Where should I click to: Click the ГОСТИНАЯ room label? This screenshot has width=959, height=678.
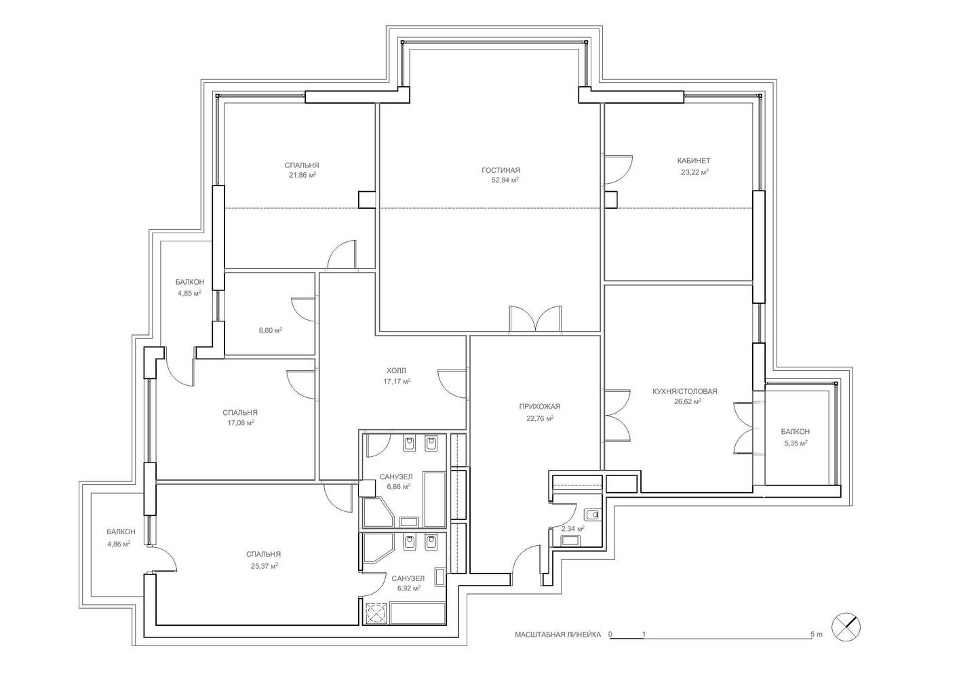tap(501, 170)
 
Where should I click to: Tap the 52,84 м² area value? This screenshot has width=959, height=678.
tap(505, 180)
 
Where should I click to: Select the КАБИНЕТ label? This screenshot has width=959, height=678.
tap(694, 161)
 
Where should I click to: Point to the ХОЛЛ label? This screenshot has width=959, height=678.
tap(396, 371)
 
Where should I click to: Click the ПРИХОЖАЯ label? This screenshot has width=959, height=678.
tap(539, 407)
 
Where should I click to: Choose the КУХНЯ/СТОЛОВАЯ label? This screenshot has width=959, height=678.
tap(684, 391)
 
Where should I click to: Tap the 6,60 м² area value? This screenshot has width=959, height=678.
tap(271, 330)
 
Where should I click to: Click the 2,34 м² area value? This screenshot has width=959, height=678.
tap(573, 529)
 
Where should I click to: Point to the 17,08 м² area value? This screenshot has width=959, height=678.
tap(241, 423)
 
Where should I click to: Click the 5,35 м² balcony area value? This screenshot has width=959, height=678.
tap(796, 443)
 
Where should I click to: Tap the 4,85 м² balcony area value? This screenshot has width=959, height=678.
tap(190, 293)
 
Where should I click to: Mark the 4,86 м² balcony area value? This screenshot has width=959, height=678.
tap(119, 544)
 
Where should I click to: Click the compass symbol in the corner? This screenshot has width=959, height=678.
tap(846, 628)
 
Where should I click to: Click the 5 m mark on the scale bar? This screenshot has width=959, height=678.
tap(817, 635)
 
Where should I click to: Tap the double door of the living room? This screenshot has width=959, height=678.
tap(535, 319)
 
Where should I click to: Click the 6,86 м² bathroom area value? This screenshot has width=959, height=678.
tap(398, 486)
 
